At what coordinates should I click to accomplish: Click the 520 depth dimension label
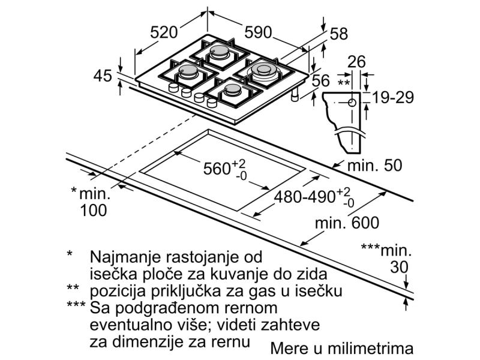164,32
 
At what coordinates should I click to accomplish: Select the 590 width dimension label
258,32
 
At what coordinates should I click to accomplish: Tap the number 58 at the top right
339,34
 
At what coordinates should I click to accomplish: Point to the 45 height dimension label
103,76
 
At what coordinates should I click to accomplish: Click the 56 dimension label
321,81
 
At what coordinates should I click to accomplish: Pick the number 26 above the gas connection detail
356,62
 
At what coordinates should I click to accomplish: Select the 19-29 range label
393,98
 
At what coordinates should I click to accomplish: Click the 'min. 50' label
374,166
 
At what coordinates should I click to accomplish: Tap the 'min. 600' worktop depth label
347,223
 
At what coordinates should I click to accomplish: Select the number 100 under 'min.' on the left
94,211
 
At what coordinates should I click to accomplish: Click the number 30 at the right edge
399,267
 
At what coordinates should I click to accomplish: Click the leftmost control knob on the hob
173,88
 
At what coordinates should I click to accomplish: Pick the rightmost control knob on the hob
212,103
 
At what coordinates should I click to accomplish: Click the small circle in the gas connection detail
352,103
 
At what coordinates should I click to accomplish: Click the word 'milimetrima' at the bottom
370,349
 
